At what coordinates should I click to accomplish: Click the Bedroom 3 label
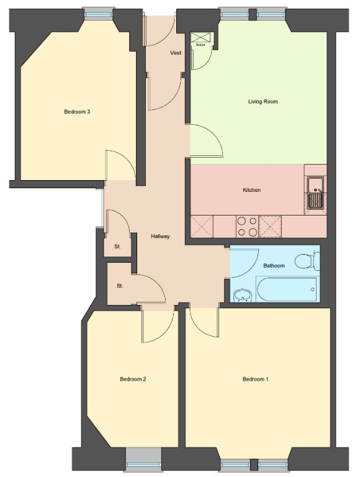(x=78, y=112)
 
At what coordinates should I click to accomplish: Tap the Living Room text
(x=263, y=101)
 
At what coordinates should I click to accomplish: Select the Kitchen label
(x=251, y=190)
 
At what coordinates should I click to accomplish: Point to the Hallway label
(x=160, y=237)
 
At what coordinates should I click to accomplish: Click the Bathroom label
(x=274, y=266)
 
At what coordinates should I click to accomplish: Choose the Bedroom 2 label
(x=133, y=379)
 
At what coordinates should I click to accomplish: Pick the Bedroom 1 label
(x=256, y=379)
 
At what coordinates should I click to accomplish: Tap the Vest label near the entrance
(x=176, y=53)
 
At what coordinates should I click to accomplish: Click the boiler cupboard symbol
(x=200, y=39)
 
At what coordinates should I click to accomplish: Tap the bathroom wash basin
(x=242, y=294)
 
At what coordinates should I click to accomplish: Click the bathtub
(x=286, y=289)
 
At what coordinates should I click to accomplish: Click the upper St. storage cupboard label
(x=117, y=247)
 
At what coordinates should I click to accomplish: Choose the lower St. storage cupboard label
(x=120, y=286)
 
